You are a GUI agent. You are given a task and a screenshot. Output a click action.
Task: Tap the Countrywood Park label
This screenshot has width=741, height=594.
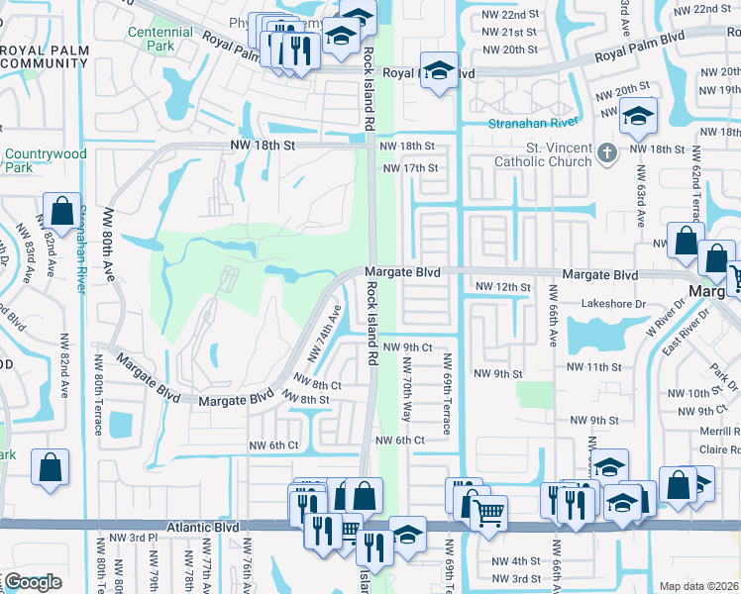46,160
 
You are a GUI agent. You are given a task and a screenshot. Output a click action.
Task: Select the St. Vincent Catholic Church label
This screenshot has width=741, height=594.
543,154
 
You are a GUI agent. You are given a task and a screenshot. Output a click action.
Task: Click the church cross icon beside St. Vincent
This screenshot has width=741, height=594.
608,153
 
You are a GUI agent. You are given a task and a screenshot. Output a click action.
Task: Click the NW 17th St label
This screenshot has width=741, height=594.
407,167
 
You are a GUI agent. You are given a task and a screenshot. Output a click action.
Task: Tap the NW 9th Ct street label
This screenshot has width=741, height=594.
408,347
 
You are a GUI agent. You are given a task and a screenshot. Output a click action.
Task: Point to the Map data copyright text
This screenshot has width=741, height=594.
697,586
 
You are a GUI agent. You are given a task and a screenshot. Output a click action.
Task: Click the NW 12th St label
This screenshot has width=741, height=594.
503,287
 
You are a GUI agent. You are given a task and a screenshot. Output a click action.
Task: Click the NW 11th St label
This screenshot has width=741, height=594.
593,366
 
